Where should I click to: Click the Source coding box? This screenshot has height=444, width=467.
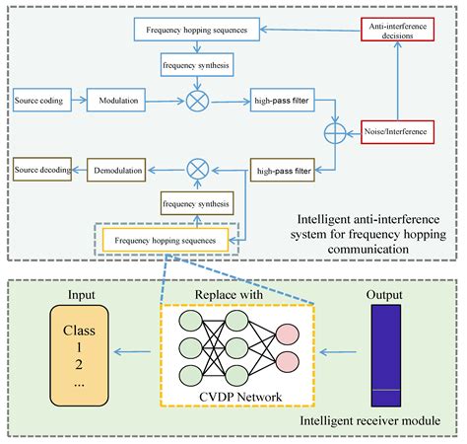pos(39,101)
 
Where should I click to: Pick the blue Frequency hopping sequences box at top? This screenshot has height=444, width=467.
pos(205,31)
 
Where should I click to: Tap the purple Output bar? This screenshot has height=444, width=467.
pos(383,351)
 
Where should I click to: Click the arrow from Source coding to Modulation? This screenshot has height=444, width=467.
pos(77,101)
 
